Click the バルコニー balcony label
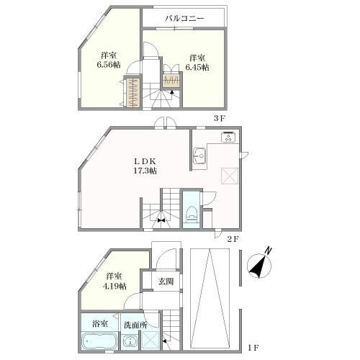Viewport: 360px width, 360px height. [x=184, y=19]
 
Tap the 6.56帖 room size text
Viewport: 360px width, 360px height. [x=109, y=65]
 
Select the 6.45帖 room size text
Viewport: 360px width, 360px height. [x=197, y=67]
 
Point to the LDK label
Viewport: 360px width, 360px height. [x=145, y=161]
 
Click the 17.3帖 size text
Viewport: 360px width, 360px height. [x=145, y=171]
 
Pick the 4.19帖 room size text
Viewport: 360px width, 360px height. [x=114, y=286]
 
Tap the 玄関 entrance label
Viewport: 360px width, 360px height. [x=166, y=281]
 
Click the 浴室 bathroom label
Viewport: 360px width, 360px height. [x=100, y=324]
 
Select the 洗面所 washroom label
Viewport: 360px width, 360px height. [x=135, y=325]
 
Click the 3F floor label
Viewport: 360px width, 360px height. [x=220, y=118]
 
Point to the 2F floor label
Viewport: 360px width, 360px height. [x=233, y=239]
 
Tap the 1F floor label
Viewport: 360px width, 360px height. [x=253, y=347]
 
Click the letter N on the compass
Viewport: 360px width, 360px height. [x=269, y=251]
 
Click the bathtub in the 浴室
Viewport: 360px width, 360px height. [x=99, y=341]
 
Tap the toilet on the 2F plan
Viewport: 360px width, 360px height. [x=192, y=214]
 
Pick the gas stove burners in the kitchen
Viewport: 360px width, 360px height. [x=230, y=137]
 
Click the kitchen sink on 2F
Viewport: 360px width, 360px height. [x=200, y=156]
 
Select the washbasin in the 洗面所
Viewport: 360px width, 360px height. [x=130, y=341]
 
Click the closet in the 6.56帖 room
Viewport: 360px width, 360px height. [x=132, y=92]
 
